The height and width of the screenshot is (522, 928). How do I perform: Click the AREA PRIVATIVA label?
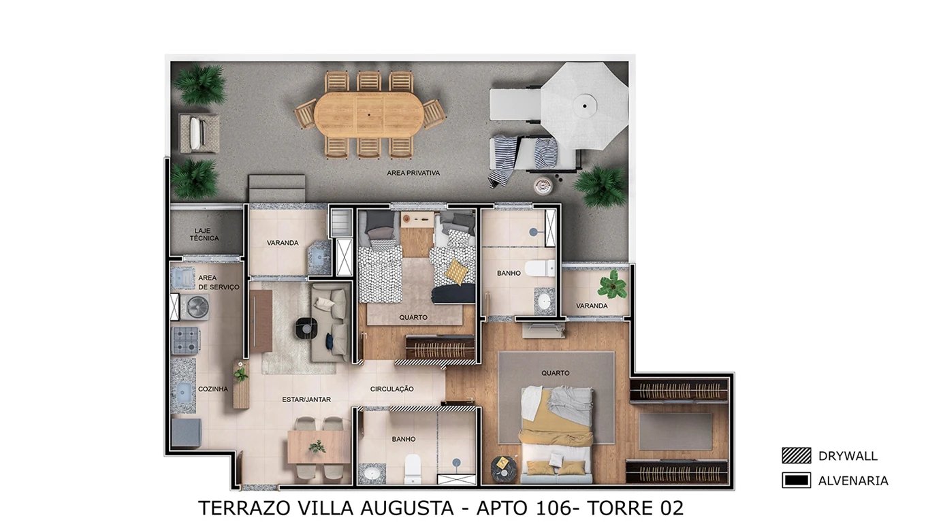coord(413,173)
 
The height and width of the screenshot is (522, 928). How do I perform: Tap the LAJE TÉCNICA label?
coord(206,235)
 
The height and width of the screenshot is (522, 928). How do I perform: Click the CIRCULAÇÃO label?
coord(391,389)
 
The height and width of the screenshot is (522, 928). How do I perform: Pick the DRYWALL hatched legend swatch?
coord(796,456)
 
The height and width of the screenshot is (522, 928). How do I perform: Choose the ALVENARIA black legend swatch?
coord(796,480)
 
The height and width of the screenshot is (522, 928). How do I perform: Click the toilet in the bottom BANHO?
coord(413,468)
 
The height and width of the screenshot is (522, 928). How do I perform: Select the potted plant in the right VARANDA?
coord(612,284)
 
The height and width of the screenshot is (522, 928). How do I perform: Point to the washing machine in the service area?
coord(197,307)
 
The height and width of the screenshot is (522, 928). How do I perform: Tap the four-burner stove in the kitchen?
coord(185,340)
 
